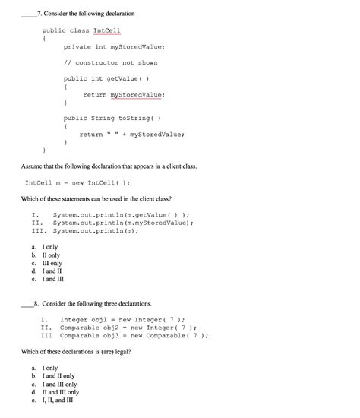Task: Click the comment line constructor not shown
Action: pos(111,63)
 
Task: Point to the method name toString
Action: pos(136,118)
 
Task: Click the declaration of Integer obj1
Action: pos(122,320)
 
